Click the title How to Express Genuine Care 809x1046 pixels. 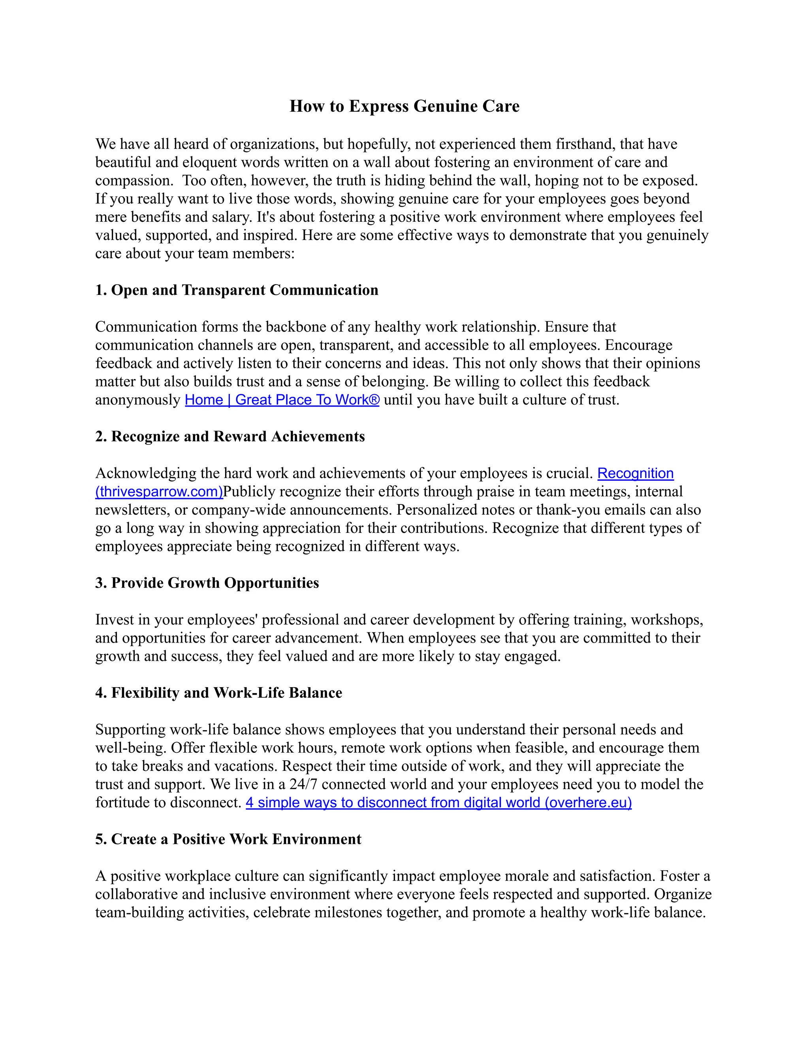point(404,106)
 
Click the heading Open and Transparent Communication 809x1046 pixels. point(237,290)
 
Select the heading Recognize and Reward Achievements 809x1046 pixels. point(230,437)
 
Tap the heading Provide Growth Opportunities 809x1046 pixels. point(207,583)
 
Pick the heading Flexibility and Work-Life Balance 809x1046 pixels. point(218,693)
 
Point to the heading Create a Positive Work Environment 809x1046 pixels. point(228,839)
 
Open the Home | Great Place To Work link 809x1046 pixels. point(282,400)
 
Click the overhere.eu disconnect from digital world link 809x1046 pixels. point(438,803)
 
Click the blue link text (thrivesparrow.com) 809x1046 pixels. point(159,492)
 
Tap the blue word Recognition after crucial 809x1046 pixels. point(635,474)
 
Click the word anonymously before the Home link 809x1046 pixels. point(137,400)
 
